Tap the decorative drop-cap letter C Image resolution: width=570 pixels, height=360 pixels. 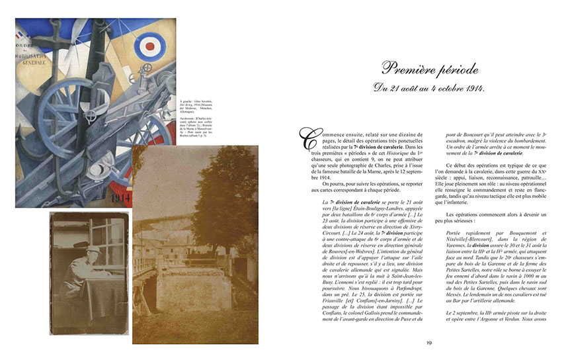click(x=307, y=139)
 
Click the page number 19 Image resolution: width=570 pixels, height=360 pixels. click(x=429, y=342)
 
